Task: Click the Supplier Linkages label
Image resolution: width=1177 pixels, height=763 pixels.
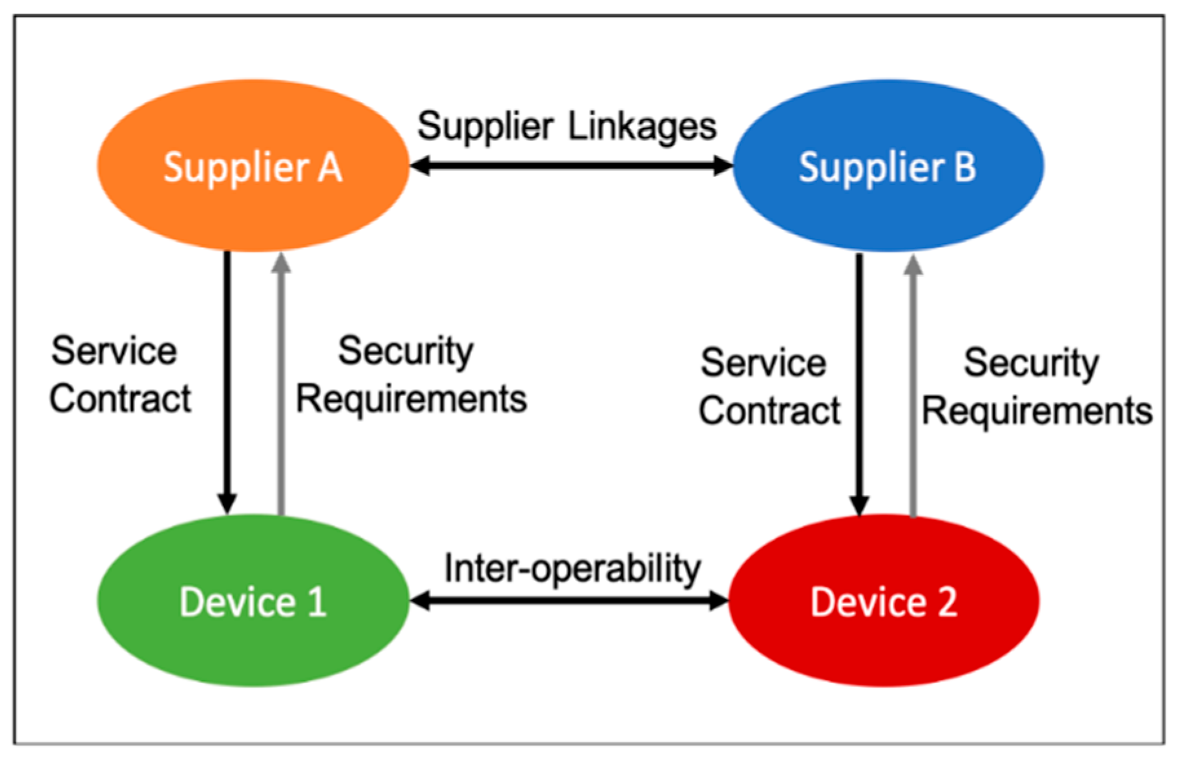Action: click(x=567, y=126)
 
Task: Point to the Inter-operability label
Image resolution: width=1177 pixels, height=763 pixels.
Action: click(x=572, y=569)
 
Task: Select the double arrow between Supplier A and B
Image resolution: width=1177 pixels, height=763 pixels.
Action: click(x=571, y=166)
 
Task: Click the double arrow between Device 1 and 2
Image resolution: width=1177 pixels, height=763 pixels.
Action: click(x=568, y=601)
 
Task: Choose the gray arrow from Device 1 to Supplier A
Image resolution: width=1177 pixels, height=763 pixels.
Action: click(x=280, y=388)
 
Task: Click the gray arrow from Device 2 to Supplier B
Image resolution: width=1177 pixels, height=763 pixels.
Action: click(x=913, y=388)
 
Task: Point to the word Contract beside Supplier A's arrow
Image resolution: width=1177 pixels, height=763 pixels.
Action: click(x=120, y=399)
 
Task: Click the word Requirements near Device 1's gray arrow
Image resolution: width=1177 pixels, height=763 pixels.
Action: click(x=411, y=399)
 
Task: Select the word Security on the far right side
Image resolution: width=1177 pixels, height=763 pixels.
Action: click(x=1031, y=363)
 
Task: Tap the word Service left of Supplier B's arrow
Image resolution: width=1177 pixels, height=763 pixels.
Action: click(x=763, y=363)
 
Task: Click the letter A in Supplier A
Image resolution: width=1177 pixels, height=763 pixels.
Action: click(x=329, y=168)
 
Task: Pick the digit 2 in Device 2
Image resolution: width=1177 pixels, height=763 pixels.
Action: click(x=946, y=602)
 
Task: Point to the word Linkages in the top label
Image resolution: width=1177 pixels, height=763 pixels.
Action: click(x=642, y=126)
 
